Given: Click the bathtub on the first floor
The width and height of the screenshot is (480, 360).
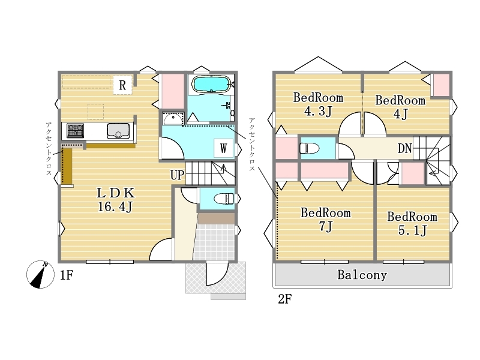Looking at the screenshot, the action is pos(211,84).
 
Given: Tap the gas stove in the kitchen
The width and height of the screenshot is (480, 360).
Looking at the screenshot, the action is pos(76,131).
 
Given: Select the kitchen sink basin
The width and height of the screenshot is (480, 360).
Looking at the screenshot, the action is pos(118,131).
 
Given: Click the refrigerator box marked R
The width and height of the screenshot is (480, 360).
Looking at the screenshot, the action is pos(122,85).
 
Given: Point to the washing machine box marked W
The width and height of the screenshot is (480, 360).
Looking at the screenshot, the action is pos(223,148).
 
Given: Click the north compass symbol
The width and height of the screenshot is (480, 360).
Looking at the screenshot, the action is pos(40,274).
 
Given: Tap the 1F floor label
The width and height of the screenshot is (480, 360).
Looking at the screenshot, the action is pos(67,275).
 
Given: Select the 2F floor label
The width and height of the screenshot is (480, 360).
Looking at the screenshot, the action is pos(284,299).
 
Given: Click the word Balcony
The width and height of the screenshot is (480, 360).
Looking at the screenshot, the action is pos(362,275).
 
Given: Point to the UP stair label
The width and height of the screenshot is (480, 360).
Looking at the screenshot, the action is pos(177,175).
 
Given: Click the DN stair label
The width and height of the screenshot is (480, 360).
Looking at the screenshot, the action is pos(404,148).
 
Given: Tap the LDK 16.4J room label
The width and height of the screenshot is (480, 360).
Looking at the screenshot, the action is pos(116,200).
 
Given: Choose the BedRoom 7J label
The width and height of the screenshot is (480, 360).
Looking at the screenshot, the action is pos(325,220).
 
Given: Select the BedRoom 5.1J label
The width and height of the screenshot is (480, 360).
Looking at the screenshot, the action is pos(412,223).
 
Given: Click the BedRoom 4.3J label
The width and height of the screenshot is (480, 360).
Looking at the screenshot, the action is pos(318,104).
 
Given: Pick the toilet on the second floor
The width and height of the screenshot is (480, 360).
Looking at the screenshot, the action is pos(310,149).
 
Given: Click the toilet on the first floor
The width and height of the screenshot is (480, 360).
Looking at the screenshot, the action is pos(224,199).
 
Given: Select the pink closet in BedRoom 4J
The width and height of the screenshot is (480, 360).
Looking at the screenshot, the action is pos(440,85).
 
